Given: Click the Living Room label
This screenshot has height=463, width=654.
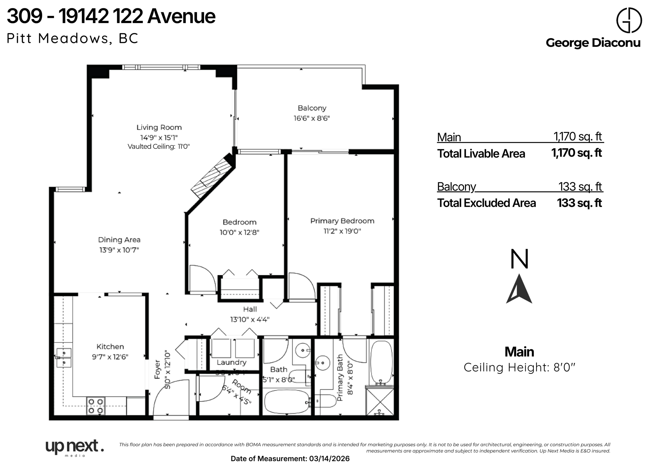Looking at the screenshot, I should (159, 127).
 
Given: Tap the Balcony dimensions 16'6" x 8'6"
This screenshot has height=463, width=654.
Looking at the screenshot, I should (312, 118).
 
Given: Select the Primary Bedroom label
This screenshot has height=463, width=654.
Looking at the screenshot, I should (342, 221).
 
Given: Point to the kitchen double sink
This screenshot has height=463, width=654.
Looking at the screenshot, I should (64, 358).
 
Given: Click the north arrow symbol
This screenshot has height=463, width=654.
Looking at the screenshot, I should (519, 289).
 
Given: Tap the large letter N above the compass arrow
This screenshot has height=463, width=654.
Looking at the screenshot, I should (519, 259).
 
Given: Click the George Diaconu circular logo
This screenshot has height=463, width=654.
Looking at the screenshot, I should (629, 20).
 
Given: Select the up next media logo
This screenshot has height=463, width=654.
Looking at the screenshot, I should (74, 447).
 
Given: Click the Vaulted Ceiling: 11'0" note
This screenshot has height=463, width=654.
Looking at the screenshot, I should (159, 147).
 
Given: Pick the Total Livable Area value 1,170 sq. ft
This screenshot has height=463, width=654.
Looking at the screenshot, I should (576, 153).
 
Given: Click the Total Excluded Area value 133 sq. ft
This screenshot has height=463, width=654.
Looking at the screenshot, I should (579, 203).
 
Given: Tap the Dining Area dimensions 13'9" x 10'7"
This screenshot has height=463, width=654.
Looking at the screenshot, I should (119, 250).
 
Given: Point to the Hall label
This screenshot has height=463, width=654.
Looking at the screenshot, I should (250, 309).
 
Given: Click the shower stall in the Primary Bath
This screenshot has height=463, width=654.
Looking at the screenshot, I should (380, 402).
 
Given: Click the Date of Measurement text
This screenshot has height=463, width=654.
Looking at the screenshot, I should (290, 459).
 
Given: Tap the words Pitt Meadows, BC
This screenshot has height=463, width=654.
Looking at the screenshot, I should (72, 38).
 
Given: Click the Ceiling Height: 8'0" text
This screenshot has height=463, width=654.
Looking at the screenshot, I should (519, 367).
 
